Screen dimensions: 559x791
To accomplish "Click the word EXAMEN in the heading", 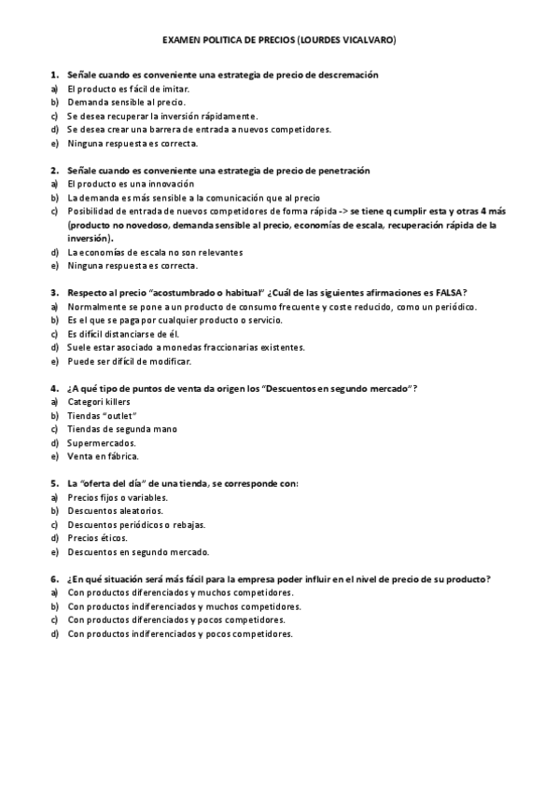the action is click(x=182, y=41).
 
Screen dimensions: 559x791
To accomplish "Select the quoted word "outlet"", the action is click(x=119, y=416).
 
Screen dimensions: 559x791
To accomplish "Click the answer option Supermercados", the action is click(x=102, y=443).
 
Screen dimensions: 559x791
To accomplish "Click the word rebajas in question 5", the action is click(x=187, y=525).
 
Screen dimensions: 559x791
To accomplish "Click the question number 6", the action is click(x=55, y=579).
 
